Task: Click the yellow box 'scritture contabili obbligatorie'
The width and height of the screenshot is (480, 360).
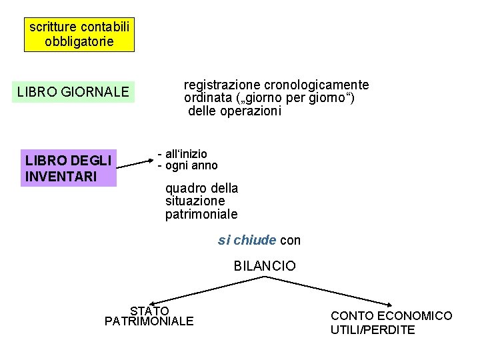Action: (79, 35)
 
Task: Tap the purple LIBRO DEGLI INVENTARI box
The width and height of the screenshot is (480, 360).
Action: (68, 168)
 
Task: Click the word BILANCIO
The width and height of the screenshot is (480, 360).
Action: (265, 266)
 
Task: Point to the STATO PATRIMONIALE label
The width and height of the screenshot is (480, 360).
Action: (149, 316)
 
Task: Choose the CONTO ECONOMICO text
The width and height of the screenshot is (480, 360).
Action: (391, 315)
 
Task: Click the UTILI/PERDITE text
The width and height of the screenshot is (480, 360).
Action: (373, 330)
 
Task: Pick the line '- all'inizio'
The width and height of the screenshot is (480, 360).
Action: (183, 154)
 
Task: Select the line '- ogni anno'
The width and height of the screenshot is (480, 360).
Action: (187, 165)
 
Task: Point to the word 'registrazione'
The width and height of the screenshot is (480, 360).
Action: (222, 85)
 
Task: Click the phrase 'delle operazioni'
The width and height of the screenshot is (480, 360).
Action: (235, 111)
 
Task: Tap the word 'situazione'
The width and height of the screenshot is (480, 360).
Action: (195, 201)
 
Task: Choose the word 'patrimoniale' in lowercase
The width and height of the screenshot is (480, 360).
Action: (201, 214)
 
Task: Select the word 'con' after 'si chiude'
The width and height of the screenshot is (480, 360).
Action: (291, 240)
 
